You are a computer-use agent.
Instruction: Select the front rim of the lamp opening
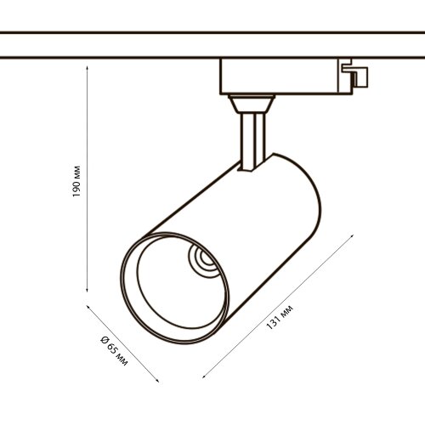point(127,280)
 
